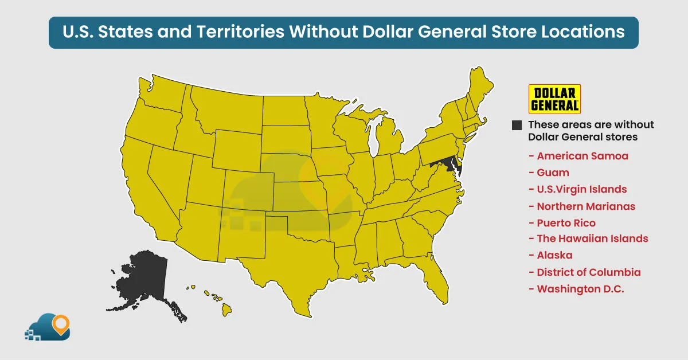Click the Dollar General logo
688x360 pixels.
(x=554, y=99)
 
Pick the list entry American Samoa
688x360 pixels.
(x=583, y=156)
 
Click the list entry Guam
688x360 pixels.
(x=553, y=172)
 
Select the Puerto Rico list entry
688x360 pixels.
(x=566, y=223)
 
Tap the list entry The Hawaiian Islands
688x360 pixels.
(x=592, y=238)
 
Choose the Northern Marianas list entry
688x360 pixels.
(x=586, y=206)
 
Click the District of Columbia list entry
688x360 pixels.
(x=589, y=272)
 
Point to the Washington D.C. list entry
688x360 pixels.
(x=580, y=289)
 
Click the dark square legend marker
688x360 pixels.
(x=517, y=125)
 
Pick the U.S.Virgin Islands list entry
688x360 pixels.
(x=581, y=189)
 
